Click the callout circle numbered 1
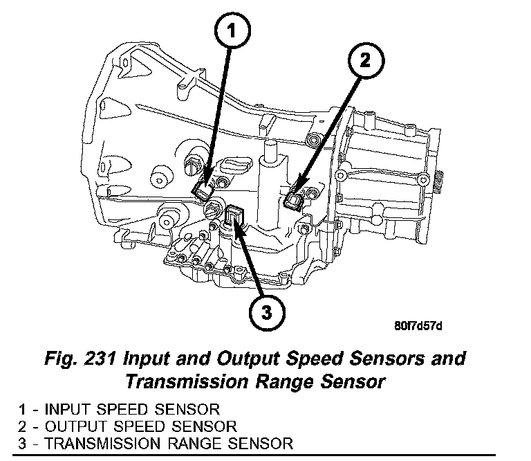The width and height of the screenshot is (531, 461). point(234,30)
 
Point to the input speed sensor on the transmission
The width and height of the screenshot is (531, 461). point(205,190)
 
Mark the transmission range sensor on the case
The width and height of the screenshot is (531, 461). point(235,216)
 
